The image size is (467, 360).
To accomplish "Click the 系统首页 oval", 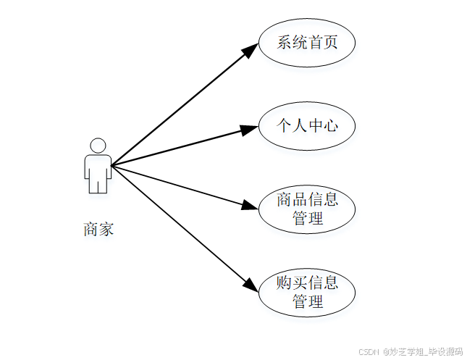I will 307,42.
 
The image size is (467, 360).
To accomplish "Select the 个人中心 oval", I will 307,126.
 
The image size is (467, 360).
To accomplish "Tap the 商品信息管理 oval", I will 307,209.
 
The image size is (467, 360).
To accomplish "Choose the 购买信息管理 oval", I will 307,292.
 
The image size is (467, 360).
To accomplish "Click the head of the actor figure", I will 98,145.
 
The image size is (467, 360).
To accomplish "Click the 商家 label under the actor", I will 98,230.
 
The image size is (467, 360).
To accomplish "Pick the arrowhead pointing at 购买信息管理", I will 250,285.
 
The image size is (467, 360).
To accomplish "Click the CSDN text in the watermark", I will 369,351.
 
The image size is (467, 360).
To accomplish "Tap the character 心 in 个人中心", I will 330,126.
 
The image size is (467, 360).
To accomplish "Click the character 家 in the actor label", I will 106,230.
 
